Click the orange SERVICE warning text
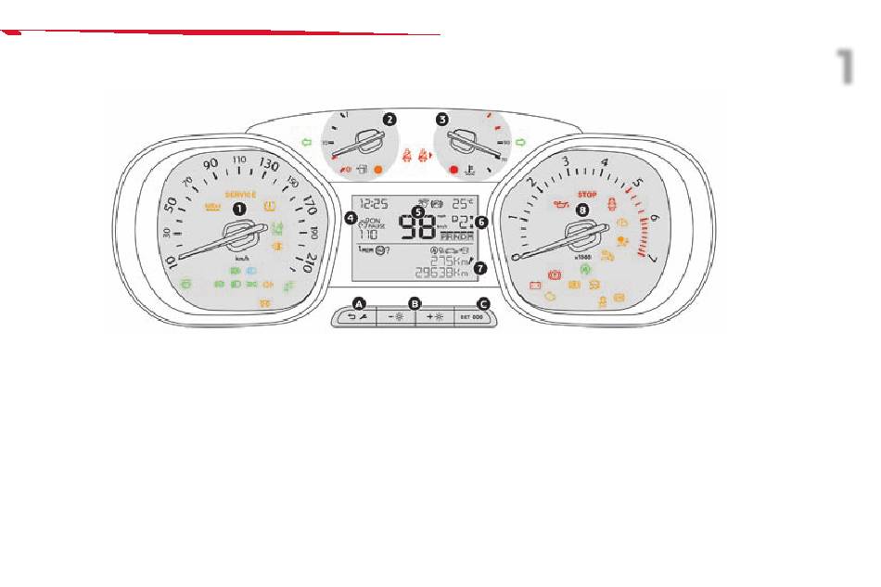(x=240, y=195)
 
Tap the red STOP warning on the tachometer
(x=585, y=196)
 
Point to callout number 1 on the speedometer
(x=239, y=209)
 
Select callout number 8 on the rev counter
(x=582, y=211)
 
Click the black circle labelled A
(x=359, y=302)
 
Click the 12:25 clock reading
(x=373, y=202)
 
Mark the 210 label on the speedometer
(x=311, y=264)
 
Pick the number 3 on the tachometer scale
(x=566, y=161)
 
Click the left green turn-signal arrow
(x=304, y=142)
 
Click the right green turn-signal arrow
(x=521, y=142)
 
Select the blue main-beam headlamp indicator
(x=249, y=271)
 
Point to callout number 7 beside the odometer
(x=479, y=269)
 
